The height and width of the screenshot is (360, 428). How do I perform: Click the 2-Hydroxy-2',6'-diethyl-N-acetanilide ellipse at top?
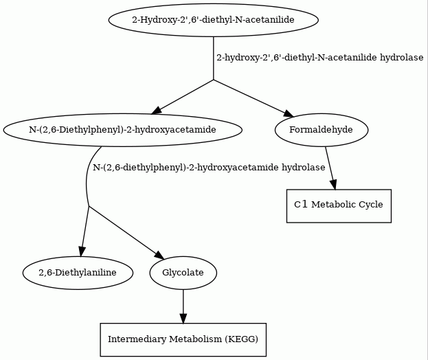(x=214, y=20)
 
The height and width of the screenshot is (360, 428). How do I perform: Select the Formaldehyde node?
(x=322, y=130)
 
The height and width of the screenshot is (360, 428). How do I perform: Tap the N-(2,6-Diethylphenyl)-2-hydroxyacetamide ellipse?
(x=122, y=130)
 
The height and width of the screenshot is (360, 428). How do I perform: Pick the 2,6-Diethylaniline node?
(x=78, y=273)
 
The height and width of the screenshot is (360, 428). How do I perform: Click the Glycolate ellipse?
(x=183, y=273)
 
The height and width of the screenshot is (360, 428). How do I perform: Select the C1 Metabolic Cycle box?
(x=339, y=206)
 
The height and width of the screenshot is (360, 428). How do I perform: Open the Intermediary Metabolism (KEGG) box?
(x=183, y=340)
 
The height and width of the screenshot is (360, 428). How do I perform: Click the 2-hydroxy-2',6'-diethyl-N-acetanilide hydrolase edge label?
(x=320, y=58)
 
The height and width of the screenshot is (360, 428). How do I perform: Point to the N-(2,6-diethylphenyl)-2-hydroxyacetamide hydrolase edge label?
(x=209, y=168)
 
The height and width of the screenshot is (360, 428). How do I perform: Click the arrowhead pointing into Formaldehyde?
(x=289, y=114)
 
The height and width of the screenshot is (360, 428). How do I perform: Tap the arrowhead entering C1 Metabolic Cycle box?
(x=334, y=185)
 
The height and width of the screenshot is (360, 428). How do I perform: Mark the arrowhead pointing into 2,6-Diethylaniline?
(x=82, y=251)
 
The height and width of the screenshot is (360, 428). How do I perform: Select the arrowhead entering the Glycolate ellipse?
(x=159, y=255)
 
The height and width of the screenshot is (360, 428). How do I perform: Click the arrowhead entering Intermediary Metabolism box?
(x=183, y=319)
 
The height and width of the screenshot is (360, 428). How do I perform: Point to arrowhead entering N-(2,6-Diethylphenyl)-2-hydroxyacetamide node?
(x=157, y=111)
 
